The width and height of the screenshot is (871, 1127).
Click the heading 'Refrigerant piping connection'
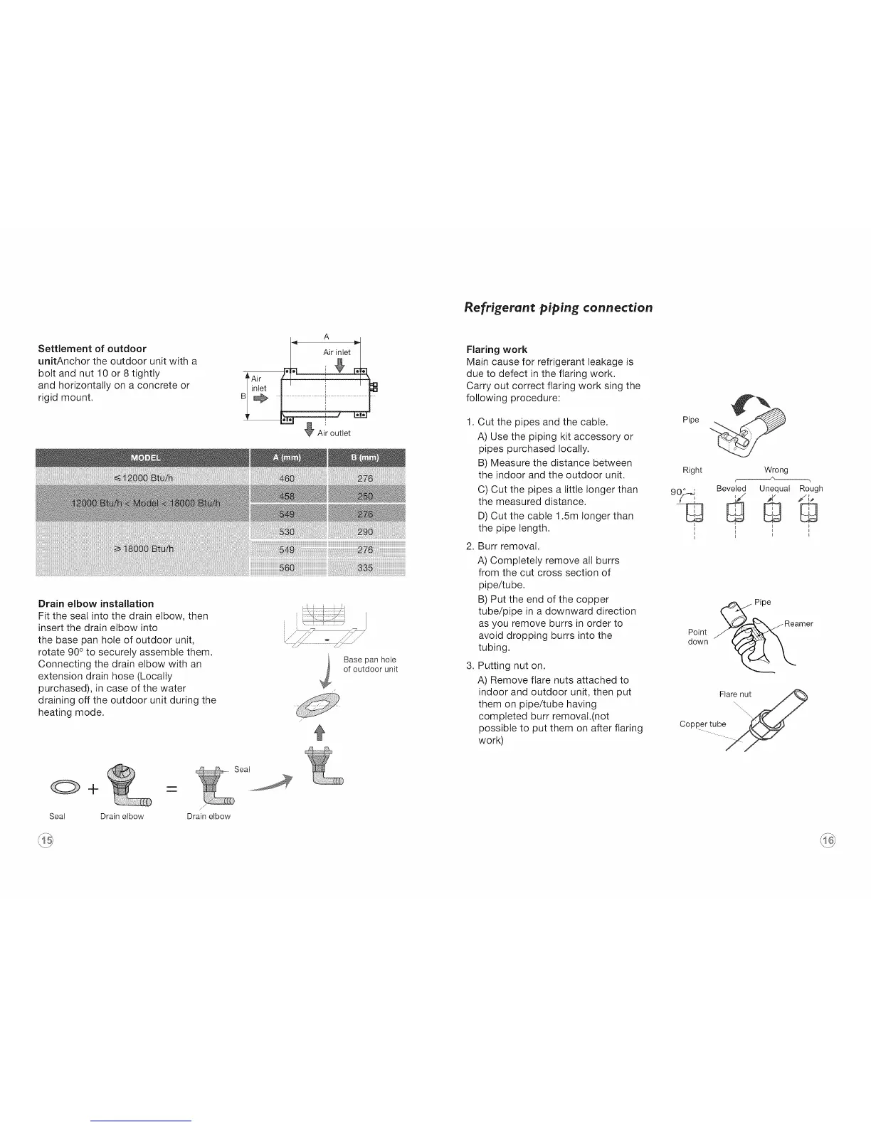[x=558, y=307]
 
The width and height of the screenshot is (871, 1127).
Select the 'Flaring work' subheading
[x=496, y=349]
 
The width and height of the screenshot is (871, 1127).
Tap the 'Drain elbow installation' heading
[x=95, y=603]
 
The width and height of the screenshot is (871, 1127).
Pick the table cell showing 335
[x=365, y=568]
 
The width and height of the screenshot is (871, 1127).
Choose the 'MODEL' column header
[x=146, y=457]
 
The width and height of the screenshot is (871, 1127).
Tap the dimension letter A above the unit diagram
[x=326, y=337]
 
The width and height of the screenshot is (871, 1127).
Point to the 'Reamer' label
[x=798, y=624]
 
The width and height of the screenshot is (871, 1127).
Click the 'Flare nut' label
[x=735, y=694]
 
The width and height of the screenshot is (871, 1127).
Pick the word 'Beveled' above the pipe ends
[x=731, y=489]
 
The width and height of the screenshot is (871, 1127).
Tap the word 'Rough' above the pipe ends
[x=811, y=489]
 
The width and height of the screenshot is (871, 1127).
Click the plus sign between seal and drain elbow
[x=93, y=789]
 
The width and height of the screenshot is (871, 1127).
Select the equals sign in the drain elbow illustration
[x=171, y=789]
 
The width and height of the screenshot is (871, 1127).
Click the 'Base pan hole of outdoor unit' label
[x=369, y=665]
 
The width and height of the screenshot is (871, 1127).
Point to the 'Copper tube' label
[x=702, y=724]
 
